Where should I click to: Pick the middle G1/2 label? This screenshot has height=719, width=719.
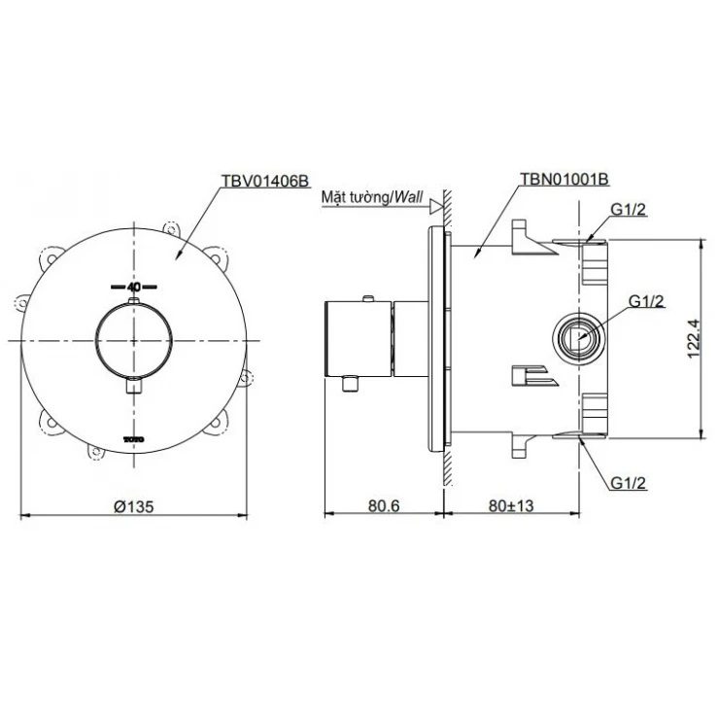click(647, 301)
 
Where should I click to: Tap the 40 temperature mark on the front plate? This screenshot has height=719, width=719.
click(134, 288)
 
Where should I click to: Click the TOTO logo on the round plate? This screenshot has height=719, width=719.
click(134, 439)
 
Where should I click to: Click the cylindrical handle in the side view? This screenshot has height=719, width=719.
click(357, 338)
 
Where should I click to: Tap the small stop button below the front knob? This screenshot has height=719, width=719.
click(134, 387)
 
